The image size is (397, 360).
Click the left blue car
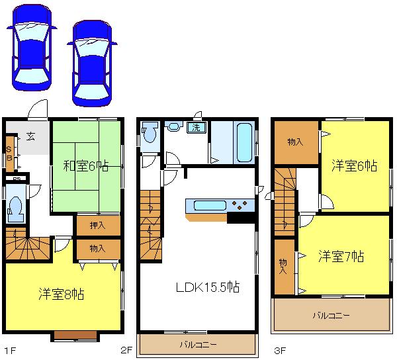29,48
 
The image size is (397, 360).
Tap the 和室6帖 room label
86,165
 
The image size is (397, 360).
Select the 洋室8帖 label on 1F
60,293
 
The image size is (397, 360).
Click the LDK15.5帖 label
207,288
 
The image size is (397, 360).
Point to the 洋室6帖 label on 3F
355,166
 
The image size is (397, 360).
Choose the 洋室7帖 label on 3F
341,257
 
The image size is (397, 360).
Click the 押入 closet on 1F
97,226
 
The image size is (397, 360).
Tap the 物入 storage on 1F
97,249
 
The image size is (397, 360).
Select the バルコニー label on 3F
331,315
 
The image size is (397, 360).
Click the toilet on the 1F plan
16,210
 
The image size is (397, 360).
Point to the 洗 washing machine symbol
197,128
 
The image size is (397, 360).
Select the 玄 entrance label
31,136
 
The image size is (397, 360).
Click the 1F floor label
9,349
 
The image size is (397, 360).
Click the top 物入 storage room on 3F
295,142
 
